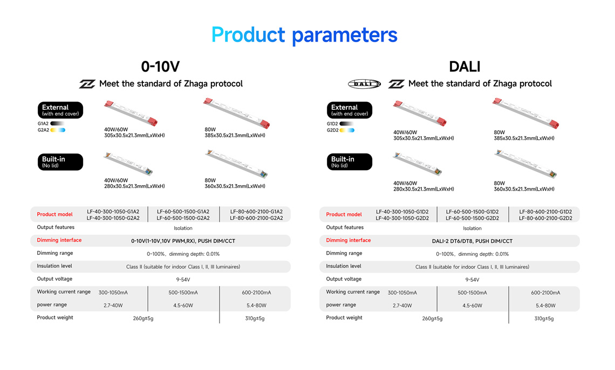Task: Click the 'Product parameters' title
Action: [x=304, y=35]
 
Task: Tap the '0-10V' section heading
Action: [x=160, y=67]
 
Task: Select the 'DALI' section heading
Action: [x=464, y=67]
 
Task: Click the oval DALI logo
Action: [x=364, y=84]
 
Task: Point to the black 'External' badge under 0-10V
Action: [x=60, y=110]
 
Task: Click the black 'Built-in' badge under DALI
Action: [x=350, y=162]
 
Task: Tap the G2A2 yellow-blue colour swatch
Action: [x=58, y=130]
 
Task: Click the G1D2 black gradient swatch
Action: [x=347, y=124]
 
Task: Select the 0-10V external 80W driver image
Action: [x=237, y=113]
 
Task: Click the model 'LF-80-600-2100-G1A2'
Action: [x=256, y=212]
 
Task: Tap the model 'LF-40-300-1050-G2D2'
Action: [x=402, y=218]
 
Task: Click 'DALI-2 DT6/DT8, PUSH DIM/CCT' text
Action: [x=472, y=241]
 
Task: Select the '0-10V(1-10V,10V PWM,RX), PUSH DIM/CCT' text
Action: [x=183, y=241]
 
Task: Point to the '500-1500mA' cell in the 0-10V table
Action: [x=183, y=292]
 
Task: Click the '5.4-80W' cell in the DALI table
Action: [x=545, y=305]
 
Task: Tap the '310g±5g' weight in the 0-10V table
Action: [x=255, y=318]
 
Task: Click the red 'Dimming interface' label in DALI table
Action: [x=348, y=240]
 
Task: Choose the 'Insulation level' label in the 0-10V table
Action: [x=54, y=266]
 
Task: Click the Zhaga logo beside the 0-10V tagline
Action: [x=87, y=84]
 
